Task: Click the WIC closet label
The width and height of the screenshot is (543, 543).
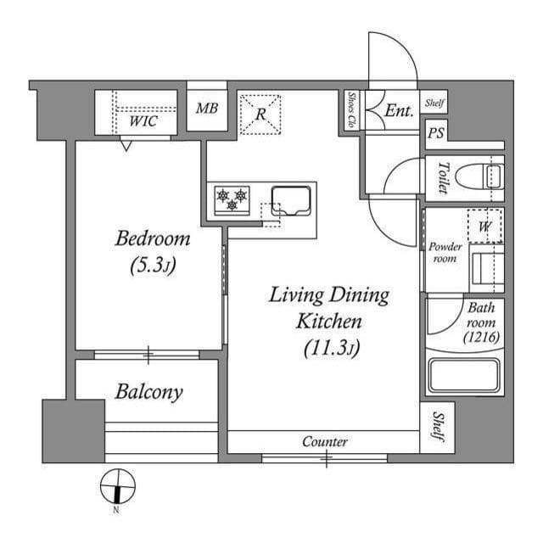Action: pyautogui.click(x=143, y=121)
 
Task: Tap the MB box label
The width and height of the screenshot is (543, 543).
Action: pyautogui.click(x=206, y=109)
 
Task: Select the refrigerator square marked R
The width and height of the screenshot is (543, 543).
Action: pyautogui.click(x=262, y=114)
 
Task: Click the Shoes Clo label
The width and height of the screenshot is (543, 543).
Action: pyautogui.click(x=351, y=110)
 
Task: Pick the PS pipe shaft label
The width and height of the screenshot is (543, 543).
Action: pyautogui.click(x=436, y=134)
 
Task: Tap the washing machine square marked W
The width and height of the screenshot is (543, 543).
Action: pyautogui.click(x=484, y=227)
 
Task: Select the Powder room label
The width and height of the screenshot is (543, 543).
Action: pyautogui.click(x=445, y=252)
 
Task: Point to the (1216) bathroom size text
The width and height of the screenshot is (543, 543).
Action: pyautogui.click(x=481, y=337)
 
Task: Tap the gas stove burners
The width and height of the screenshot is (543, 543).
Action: pyautogui.click(x=232, y=200)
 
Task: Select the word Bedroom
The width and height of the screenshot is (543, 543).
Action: pyautogui.click(x=153, y=239)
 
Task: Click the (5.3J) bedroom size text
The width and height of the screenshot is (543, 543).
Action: pyautogui.click(x=153, y=266)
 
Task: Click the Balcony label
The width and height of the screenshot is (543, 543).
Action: pyautogui.click(x=149, y=392)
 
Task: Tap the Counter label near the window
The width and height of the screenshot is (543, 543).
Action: pyautogui.click(x=325, y=442)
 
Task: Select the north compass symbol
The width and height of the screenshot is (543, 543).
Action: pyautogui.click(x=117, y=487)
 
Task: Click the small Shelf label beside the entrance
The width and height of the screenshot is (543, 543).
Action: pyautogui.click(x=434, y=104)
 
